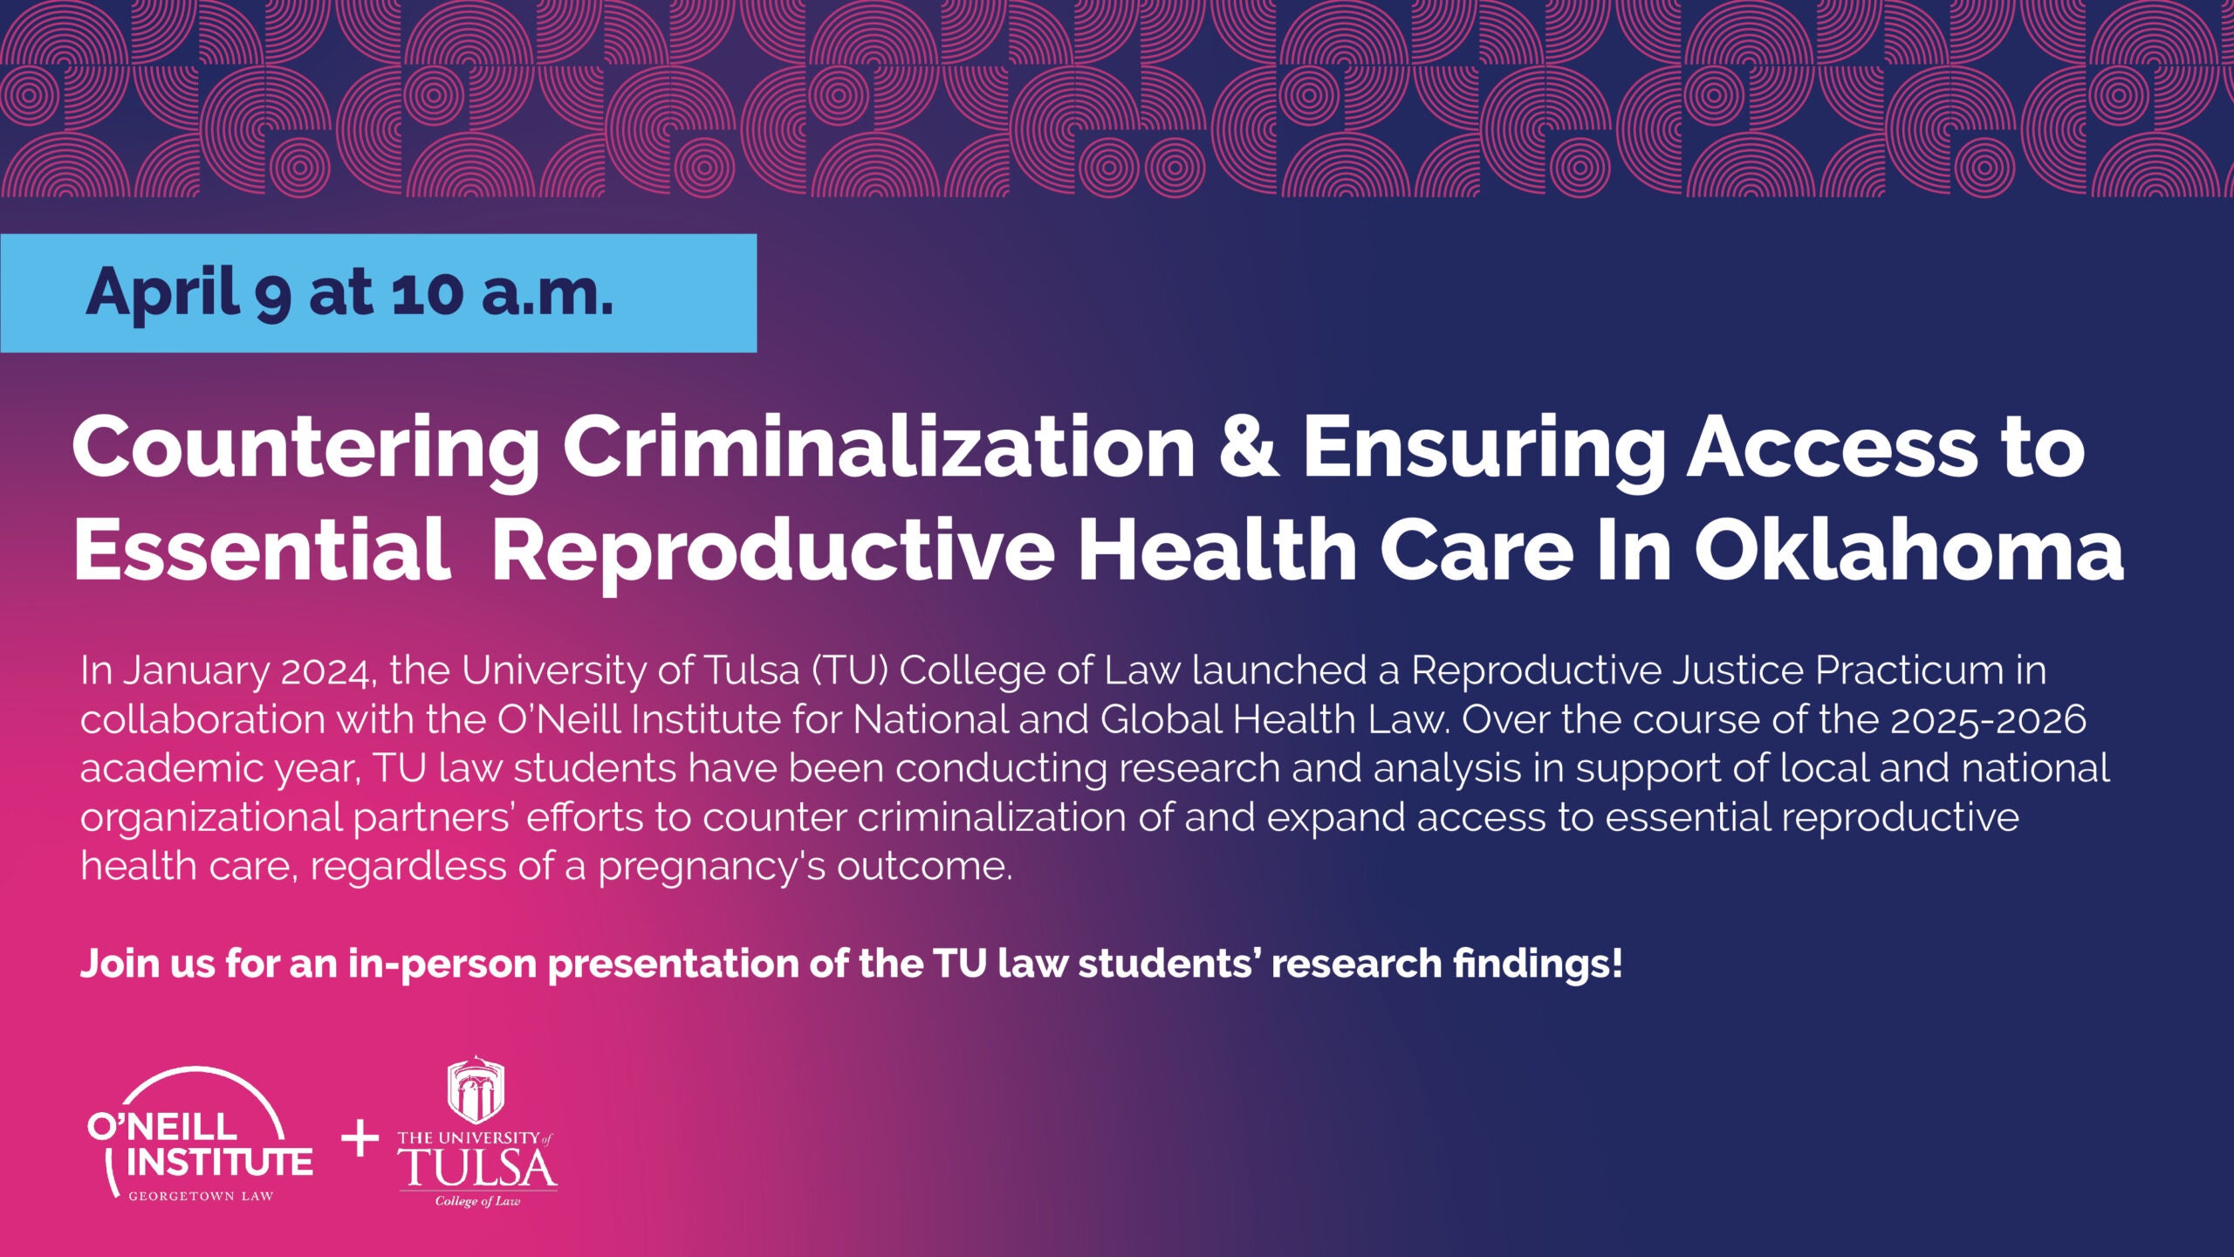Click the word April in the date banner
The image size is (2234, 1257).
click(162, 292)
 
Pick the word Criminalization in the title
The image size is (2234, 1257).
click(878, 448)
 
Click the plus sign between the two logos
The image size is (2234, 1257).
click(360, 1140)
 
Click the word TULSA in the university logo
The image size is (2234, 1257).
click(478, 1168)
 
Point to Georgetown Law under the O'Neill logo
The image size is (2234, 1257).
click(201, 1196)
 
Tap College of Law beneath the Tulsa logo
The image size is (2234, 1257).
click(477, 1202)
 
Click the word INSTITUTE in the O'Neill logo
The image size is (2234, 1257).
click(219, 1162)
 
